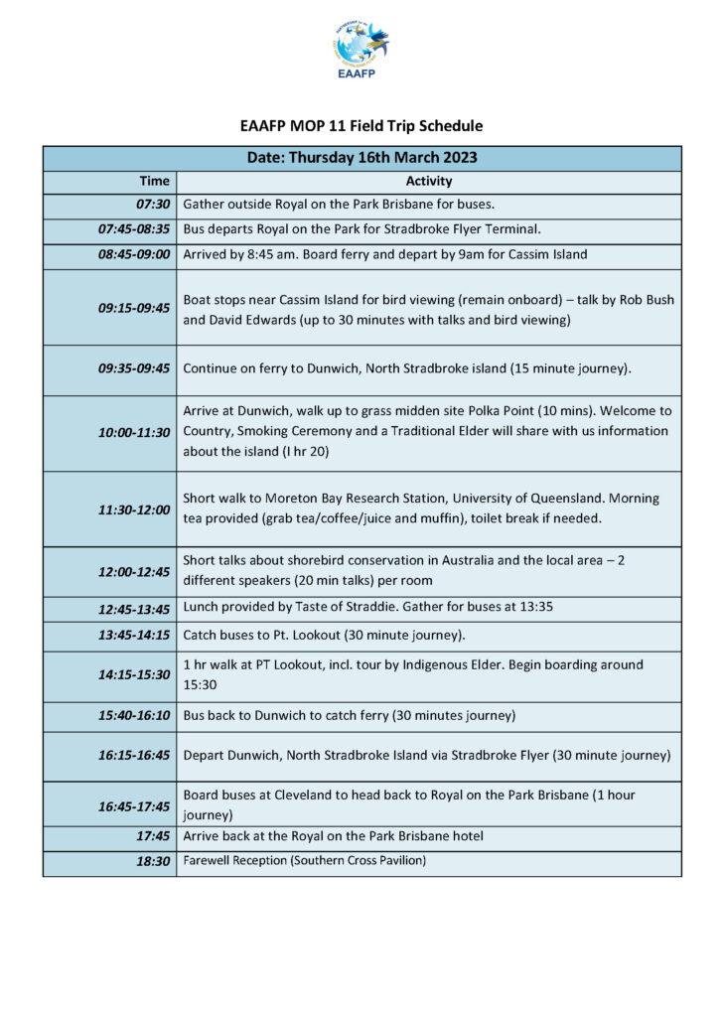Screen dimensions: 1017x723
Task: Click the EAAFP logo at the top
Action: point(361,50)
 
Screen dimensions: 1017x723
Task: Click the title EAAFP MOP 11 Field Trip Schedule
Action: point(361,126)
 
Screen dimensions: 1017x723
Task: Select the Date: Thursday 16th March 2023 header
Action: point(361,158)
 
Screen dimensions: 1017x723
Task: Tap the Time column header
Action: point(154,182)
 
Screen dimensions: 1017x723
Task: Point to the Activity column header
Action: point(429,182)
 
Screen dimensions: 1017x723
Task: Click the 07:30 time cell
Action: point(152,206)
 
